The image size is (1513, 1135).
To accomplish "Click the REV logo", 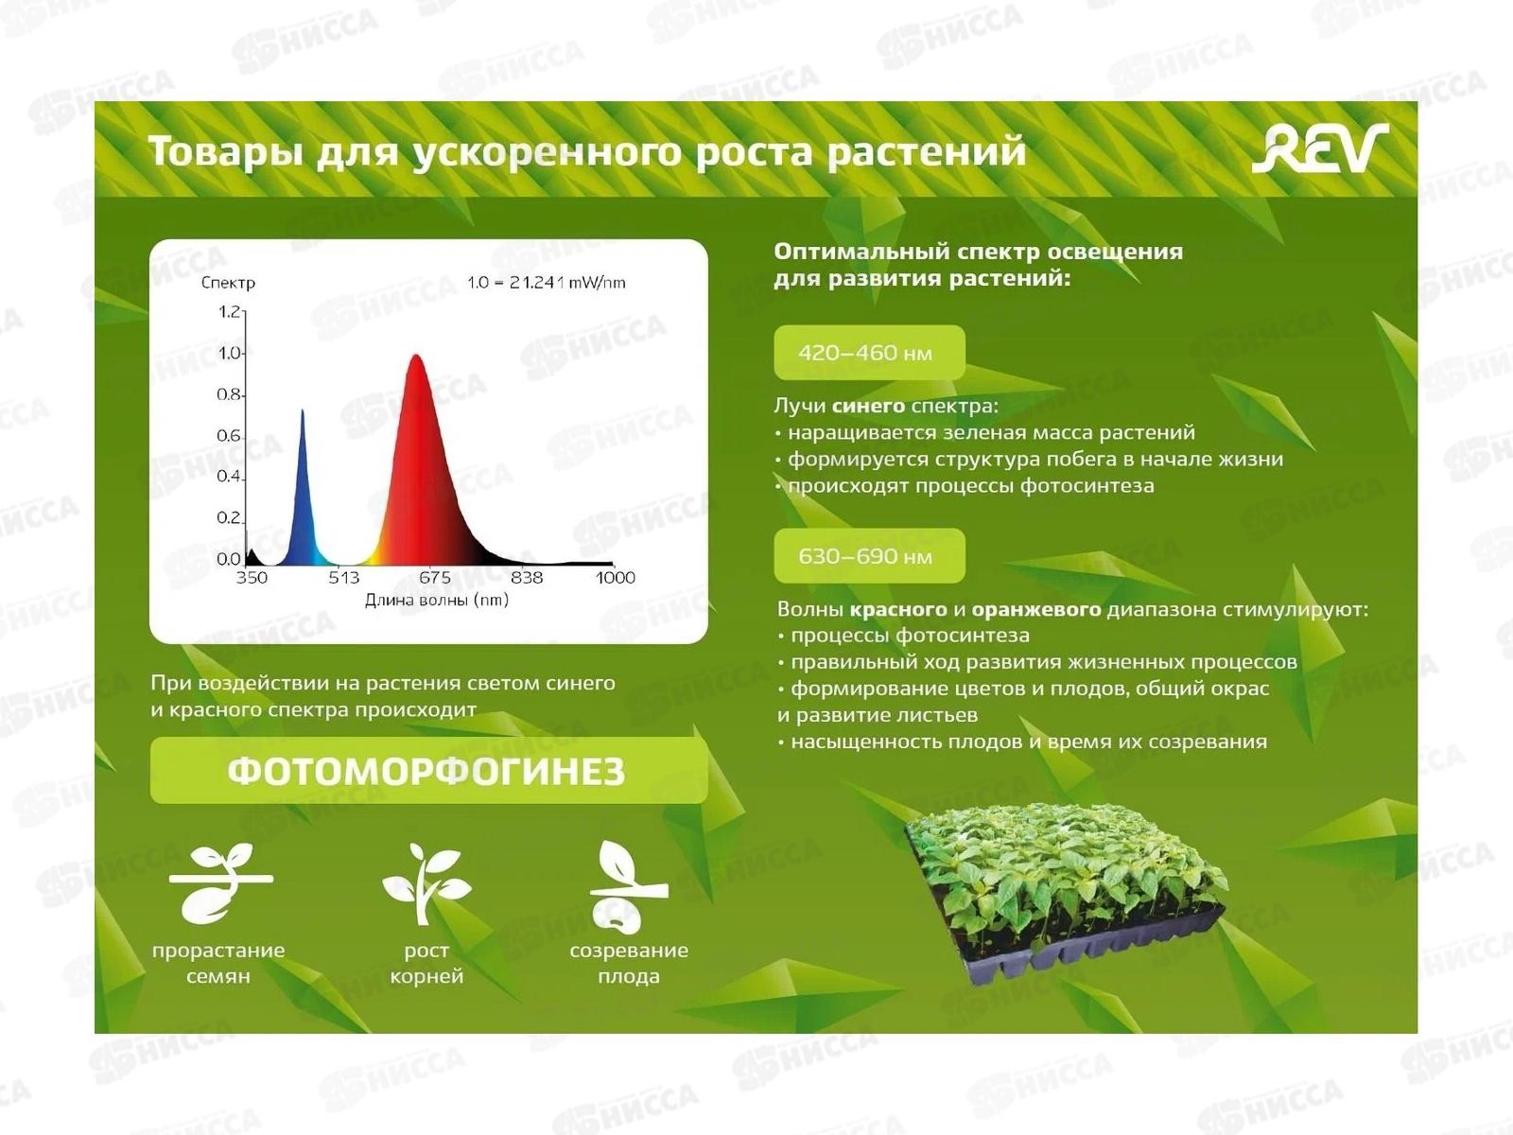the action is click(1319, 148).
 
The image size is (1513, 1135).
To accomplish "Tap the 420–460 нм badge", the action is click(869, 352).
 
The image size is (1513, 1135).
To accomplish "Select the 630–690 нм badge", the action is click(869, 555).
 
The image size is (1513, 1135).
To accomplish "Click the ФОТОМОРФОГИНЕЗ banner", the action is click(428, 771).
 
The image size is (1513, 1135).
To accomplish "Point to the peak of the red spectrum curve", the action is click(416, 356).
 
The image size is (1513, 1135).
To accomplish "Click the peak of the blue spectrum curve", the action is click(302, 410).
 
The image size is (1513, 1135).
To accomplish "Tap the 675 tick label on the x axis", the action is click(435, 578).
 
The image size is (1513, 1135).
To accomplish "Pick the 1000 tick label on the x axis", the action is click(615, 578).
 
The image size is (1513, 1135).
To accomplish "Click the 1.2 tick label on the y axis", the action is click(228, 312).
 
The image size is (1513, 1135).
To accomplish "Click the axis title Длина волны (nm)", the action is click(436, 600).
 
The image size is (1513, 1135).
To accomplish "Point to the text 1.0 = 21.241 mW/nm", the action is click(547, 282).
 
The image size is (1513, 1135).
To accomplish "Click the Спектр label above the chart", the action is click(228, 283).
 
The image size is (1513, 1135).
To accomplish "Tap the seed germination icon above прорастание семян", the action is click(220, 883).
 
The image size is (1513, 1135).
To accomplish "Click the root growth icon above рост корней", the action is click(426, 883).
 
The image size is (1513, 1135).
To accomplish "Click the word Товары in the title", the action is click(225, 151).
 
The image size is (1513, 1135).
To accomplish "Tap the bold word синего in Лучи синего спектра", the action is click(868, 406).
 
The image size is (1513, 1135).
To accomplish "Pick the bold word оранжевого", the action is click(1036, 610).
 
